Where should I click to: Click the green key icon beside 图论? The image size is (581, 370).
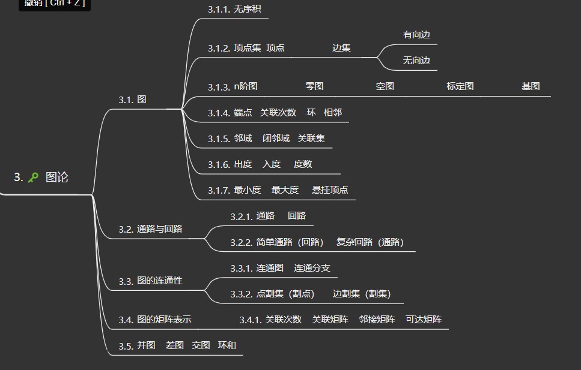pyautogui.click(x=33, y=177)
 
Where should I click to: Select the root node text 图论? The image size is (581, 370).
pyautogui.click(x=57, y=177)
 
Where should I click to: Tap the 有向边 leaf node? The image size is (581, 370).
pyautogui.click(x=416, y=35)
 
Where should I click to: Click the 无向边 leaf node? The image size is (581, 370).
pyautogui.click(x=416, y=61)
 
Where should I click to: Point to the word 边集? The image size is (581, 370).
pyautogui.click(x=341, y=48)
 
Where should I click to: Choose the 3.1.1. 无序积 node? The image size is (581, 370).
pyautogui.click(x=234, y=9)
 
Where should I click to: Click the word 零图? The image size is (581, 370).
pyautogui.click(x=314, y=86)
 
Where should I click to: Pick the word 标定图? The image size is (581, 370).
pyautogui.click(x=460, y=86)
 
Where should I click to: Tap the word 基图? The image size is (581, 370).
pyautogui.click(x=531, y=86)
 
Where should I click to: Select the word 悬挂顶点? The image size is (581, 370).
pyautogui.click(x=330, y=190)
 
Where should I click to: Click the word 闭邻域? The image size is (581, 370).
pyautogui.click(x=276, y=139)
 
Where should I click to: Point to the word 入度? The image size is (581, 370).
pyautogui.click(x=272, y=164)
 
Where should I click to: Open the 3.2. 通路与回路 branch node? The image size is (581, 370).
pyautogui.click(x=150, y=229)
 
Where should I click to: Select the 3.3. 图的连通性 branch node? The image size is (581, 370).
pyautogui.click(x=150, y=281)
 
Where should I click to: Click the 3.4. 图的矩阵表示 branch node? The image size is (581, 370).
pyautogui.click(x=155, y=320)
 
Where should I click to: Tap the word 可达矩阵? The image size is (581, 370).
pyautogui.click(x=424, y=320)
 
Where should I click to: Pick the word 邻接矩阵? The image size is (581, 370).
pyautogui.click(x=377, y=320)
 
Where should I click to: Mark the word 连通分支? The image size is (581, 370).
pyautogui.click(x=312, y=268)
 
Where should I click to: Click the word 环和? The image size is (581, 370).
pyautogui.click(x=227, y=345)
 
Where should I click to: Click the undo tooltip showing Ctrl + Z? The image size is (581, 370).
pyautogui.click(x=55, y=4)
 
